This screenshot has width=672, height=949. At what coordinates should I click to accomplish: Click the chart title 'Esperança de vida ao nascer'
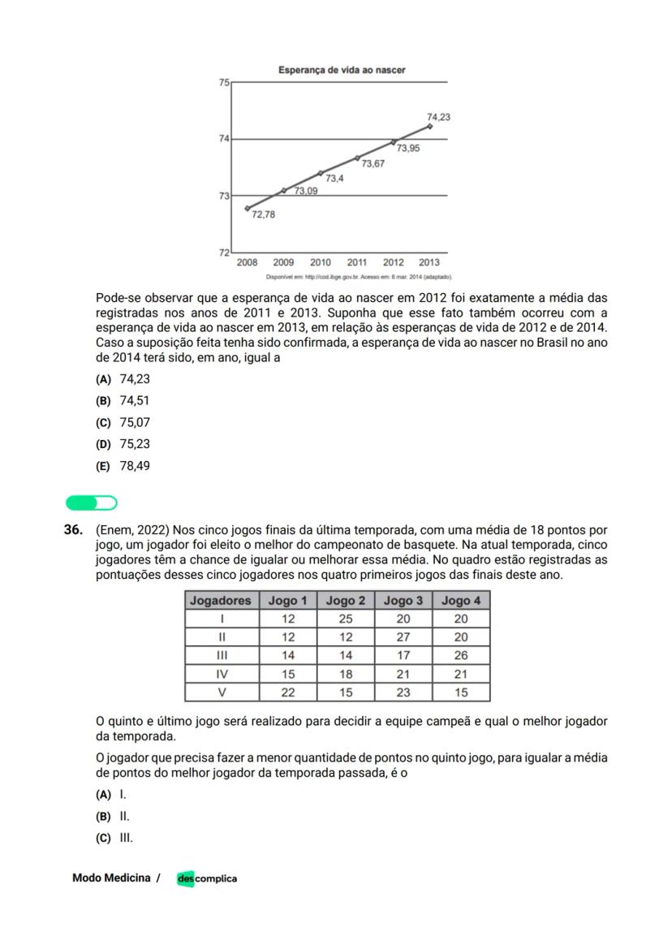(342, 71)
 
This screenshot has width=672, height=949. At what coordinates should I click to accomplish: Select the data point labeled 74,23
(429, 127)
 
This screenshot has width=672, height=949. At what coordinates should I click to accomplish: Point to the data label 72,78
(263, 214)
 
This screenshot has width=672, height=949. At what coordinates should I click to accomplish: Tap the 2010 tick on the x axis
(320, 262)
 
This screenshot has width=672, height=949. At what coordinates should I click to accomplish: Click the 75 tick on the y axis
(225, 82)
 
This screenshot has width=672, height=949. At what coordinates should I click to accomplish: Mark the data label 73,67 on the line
(373, 164)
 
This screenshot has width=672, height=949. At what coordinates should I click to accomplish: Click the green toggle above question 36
(92, 503)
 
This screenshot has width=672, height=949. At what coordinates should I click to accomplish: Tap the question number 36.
(73, 529)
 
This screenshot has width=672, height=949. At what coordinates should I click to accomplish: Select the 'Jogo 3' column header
(403, 601)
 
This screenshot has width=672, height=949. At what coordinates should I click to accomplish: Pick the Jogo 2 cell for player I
(345, 619)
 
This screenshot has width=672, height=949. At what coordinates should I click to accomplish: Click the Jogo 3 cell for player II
(403, 637)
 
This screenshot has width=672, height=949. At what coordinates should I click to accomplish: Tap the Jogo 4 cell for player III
(461, 656)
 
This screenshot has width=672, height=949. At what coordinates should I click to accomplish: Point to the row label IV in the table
(222, 674)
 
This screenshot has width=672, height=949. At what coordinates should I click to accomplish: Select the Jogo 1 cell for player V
(287, 692)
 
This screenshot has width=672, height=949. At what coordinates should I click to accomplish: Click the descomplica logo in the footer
(207, 878)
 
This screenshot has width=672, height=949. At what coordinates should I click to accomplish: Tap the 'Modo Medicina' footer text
(111, 878)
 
